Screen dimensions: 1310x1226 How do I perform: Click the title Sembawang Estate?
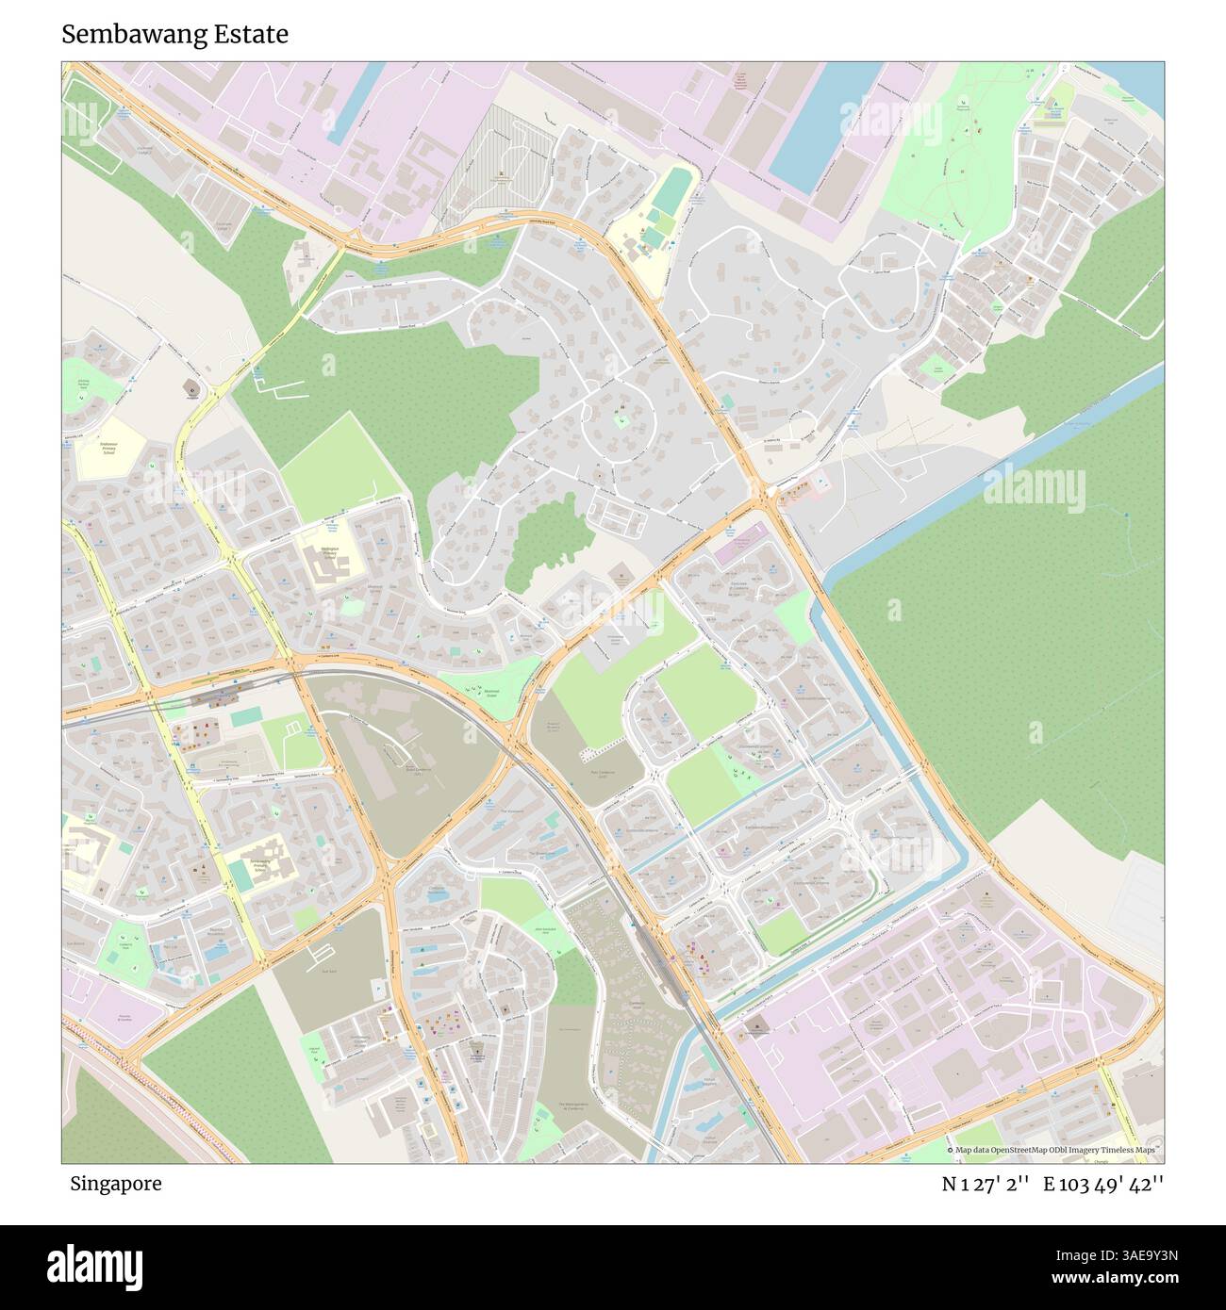point(175,35)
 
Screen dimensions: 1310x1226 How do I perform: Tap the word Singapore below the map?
point(115,1184)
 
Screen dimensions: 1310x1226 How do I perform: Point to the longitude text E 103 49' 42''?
point(1109,1184)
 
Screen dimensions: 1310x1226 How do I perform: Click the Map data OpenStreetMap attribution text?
point(1054,1150)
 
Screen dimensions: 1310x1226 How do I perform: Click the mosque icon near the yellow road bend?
point(192,388)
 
